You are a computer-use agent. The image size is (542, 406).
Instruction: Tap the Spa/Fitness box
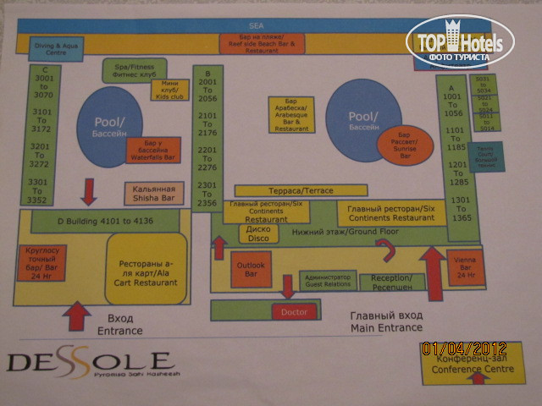tap(134, 70)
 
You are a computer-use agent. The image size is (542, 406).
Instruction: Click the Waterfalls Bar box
tap(153, 151)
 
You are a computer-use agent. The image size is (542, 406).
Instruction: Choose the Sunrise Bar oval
tap(405, 146)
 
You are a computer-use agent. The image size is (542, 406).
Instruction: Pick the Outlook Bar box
tap(251, 269)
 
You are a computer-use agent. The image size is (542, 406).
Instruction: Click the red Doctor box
tap(294, 312)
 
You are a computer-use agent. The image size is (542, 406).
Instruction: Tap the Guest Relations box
tap(327, 281)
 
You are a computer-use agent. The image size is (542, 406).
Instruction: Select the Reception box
tap(391, 282)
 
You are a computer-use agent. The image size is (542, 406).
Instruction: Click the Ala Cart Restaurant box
tap(146, 270)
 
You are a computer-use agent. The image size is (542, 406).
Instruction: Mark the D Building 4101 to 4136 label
tap(106, 222)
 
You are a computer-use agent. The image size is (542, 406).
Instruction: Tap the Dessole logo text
tap(89, 363)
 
